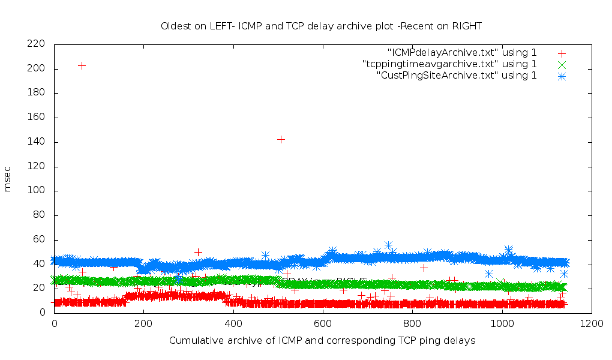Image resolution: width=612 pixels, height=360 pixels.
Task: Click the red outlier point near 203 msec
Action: [82, 65]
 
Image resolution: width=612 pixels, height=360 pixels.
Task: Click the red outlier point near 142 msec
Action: [281, 139]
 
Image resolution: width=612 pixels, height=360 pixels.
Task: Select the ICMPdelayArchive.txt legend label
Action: [462, 52]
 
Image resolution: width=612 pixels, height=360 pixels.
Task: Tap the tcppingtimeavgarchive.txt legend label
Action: [449, 64]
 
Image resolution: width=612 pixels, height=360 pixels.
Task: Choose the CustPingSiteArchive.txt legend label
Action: [457, 75]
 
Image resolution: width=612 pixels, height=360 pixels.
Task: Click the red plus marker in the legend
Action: [562, 53]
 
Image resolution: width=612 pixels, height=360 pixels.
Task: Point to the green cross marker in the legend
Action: [562, 64]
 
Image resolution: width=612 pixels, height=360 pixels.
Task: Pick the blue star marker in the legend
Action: [562, 76]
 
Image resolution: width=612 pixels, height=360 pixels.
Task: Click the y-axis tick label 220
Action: [37, 44]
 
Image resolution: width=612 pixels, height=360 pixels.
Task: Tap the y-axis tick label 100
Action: [37, 191]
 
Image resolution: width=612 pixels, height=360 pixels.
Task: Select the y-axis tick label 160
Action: [37, 118]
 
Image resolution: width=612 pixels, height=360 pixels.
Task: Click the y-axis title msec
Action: [8, 178]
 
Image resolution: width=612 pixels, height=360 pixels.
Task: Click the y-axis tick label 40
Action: [39, 264]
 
